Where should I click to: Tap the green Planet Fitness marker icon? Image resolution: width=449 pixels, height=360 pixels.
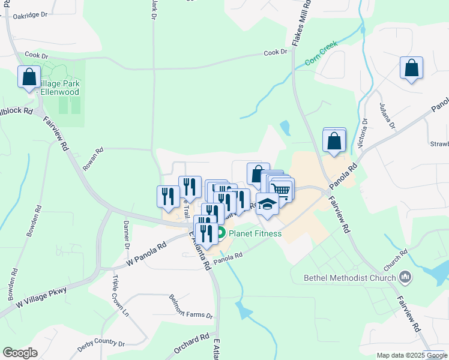tap(221, 233)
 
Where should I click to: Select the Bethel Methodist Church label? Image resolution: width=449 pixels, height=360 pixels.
tap(350, 277)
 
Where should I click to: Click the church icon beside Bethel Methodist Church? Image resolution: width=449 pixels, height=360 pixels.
tap(406, 277)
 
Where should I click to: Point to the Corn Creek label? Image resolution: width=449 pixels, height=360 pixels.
tap(321, 53)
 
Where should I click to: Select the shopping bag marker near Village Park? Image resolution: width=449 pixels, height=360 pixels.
tap(29, 77)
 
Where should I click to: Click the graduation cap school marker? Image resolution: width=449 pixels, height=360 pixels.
tap(267, 204)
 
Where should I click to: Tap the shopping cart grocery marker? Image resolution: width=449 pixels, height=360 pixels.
tap(282, 190)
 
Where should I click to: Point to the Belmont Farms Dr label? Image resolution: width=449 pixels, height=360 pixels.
tap(191, 307)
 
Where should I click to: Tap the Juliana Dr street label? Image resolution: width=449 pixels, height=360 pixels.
tap(387, 116)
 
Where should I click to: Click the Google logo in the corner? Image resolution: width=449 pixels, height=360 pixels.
tap(20, 352)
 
